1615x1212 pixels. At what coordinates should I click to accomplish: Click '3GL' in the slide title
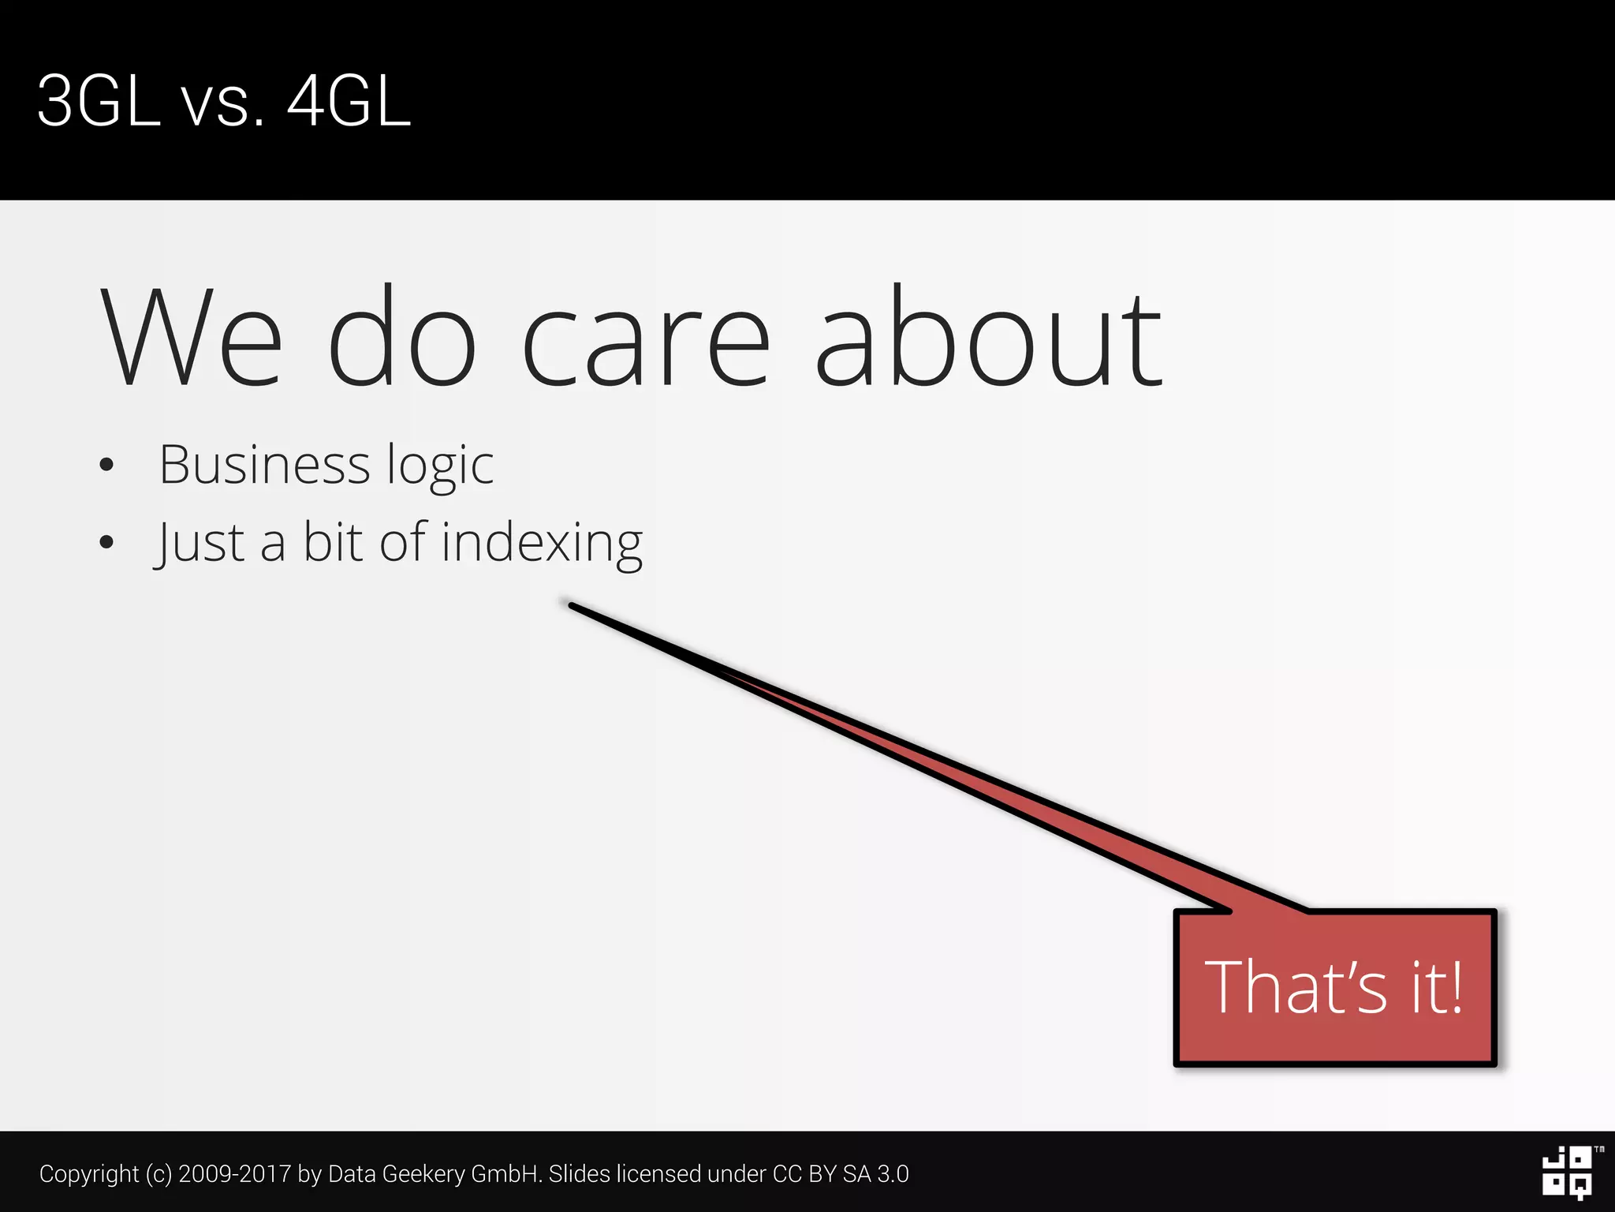click(99, 101)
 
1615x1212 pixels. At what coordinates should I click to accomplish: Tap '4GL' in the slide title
click(349, 101)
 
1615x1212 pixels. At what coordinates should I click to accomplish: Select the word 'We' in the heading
click(191, 338)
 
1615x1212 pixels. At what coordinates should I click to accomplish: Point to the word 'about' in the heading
click(988, 338)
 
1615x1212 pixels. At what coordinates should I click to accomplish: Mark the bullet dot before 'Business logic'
click(107, 465)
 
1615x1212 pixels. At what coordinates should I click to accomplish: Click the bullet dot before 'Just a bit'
click(107, 542)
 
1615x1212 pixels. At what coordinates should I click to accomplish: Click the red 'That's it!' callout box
click(1334, 988)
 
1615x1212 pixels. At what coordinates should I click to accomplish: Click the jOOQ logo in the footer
click(1568, 1173)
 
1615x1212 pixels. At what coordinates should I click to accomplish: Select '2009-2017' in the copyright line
click(235, 1174)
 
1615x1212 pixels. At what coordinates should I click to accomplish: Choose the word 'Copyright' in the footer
click(89, 1174)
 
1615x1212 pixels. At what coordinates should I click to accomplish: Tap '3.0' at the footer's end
click(893, 1174)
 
